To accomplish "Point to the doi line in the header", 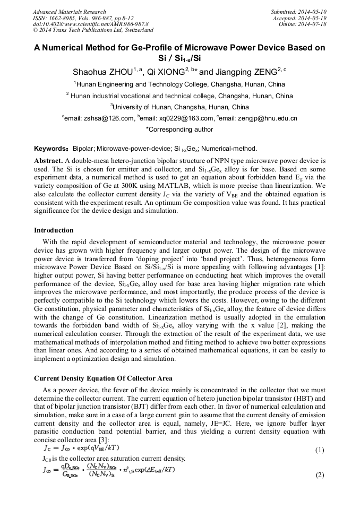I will pyautogui.click(x=90, y=24).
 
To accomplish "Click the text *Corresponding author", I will pyautogui.click(x=179, y=130).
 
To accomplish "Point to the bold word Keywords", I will pyautogui.click(x=51, y=149).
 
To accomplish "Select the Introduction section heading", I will pyautogui.click(x=54, y=230).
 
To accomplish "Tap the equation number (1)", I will pyautogui.click(x=319, y=450).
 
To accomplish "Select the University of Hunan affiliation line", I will pyautogui.click(x=179, y=107).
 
